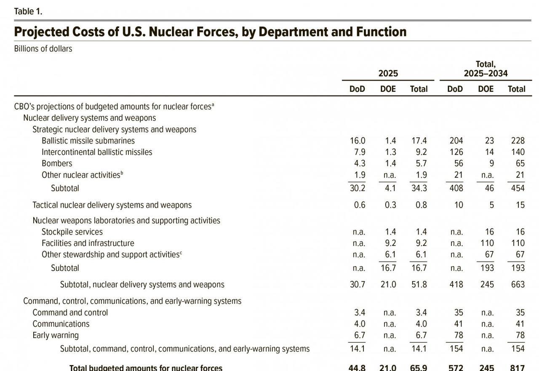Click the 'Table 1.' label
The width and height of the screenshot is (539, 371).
point(28,11)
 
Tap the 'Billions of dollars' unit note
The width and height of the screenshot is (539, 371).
point(43,48)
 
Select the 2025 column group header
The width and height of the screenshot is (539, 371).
point(388,73)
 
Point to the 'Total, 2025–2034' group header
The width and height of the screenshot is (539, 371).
point(486,69)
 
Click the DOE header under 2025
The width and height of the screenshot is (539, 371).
point(388,89)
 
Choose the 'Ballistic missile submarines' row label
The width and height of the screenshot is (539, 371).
point(88,141)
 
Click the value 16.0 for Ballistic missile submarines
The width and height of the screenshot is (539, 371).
point(358,141)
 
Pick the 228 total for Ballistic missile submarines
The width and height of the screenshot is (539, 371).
point(518,141)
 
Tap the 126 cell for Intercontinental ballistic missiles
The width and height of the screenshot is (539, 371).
point(456,152)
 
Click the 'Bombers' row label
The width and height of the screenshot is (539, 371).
point(57,163)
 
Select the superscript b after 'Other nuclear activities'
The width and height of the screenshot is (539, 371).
point(122,173)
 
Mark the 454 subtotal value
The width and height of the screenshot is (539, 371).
point(518,188)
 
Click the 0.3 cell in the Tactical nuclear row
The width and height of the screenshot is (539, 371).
point(390,205)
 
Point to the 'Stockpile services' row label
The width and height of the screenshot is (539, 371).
point(72,232)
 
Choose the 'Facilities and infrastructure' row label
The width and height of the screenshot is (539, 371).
point(88,243)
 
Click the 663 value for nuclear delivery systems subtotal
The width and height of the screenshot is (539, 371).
point(518,285)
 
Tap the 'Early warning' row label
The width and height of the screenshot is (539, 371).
point(56,335)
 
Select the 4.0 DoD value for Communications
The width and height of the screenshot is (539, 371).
point(360,324)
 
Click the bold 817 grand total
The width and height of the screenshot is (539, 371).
point(518,368)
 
